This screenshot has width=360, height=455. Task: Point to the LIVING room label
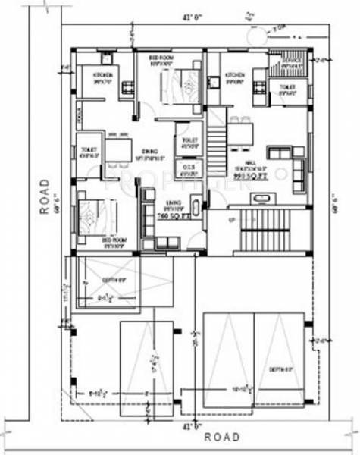click(172, 203)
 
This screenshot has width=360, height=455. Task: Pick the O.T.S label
click(186, 166)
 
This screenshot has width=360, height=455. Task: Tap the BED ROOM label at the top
click(161, 58)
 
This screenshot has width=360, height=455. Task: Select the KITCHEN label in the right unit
click(233, 75)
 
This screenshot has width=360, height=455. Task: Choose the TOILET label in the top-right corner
click(286, 88)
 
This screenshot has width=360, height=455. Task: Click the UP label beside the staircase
click(231, 220)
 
